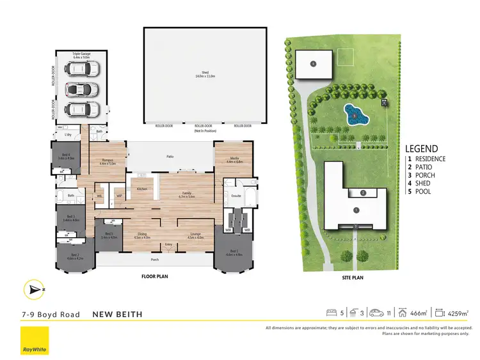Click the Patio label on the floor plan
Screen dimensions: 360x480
click(x=170, y=156)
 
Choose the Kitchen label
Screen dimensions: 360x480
click(x=142, y=189)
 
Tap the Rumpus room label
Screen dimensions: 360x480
click(x=107, y=162)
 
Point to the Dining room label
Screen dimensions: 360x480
click(x=142, y=235)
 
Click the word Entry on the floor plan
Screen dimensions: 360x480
click(x=169, y=244)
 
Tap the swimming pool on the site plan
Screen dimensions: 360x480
click(x=356, y=116)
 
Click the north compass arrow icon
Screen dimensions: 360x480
click(x=33, y=290)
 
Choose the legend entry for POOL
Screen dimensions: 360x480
click(x=422, y=191)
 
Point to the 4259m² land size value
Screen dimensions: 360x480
click(x=458, y=313)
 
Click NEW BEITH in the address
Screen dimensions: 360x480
click(x=118, y=314)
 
